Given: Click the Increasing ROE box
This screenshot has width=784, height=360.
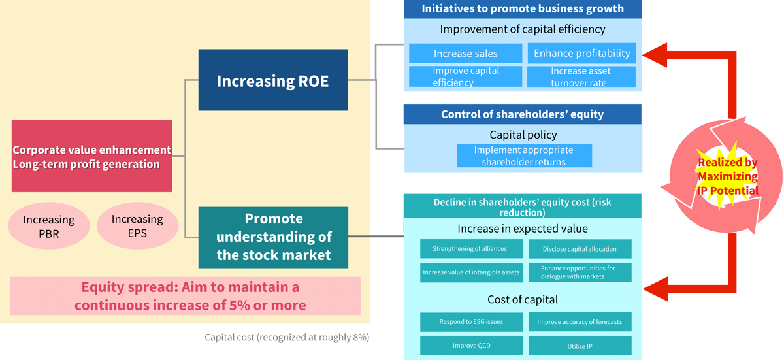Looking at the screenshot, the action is pos(273,80).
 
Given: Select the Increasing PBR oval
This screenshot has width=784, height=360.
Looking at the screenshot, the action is pos(49,226).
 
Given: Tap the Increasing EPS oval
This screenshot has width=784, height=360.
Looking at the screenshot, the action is pos(138,225).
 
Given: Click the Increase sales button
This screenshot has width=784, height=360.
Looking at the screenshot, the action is pos(465,54).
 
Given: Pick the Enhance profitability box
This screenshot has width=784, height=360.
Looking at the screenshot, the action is pos(581,53).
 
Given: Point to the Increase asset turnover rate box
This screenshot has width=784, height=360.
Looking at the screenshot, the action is pos(581,76).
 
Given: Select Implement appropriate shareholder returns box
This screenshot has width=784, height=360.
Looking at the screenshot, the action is pos(524,155).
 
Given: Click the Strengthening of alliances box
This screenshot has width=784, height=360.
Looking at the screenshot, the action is pos(472,249).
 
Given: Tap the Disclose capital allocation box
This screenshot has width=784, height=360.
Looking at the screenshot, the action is pos(580,249).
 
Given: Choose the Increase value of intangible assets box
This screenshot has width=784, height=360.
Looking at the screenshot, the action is pos(472,272).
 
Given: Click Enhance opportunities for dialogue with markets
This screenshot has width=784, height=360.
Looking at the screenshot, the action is pos(580,272).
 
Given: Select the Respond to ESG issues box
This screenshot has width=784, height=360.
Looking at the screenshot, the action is pos(472,322).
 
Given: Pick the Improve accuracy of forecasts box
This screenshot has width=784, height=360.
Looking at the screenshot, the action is pos(580,322).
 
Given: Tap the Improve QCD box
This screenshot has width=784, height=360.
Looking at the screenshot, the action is pos(472,346).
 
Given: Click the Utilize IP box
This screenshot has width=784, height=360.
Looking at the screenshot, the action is pos(580,346).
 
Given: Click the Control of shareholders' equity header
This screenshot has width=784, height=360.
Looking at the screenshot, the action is pos(522,114).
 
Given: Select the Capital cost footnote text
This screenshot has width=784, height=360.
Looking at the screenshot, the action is pos(287,337).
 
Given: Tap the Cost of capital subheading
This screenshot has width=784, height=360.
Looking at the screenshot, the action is pos(523,299).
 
